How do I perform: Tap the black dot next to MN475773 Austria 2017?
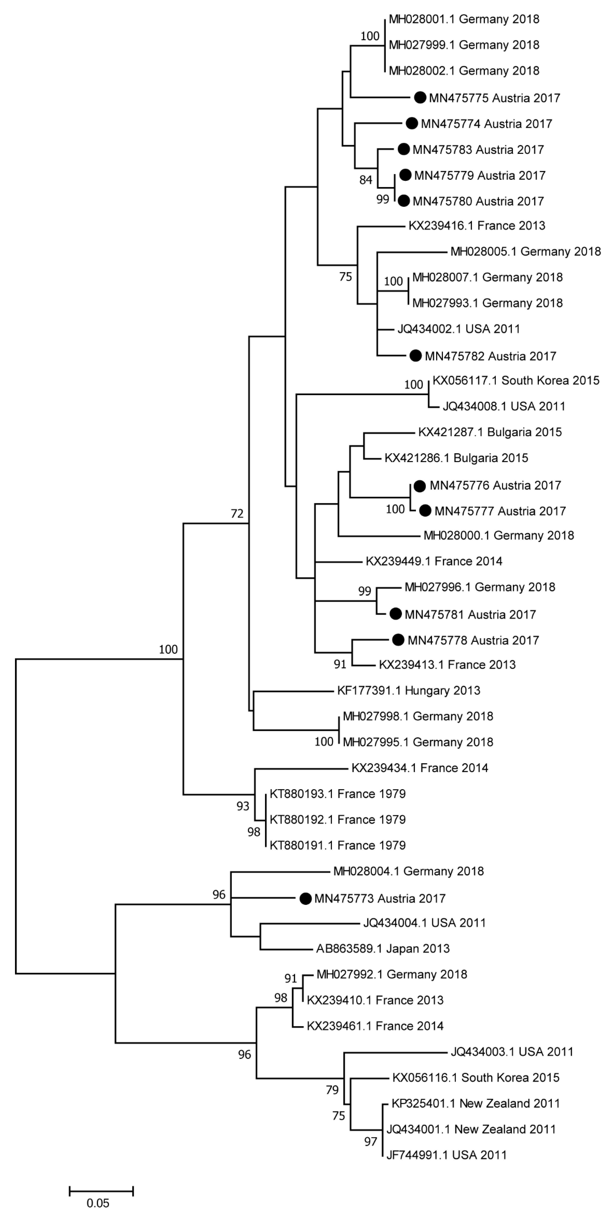pos(306,898)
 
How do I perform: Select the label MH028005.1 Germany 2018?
pos(525,251)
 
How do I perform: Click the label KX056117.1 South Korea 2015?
pos(516,380)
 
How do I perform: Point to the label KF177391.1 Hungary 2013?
pos(409,690)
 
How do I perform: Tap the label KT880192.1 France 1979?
pos(338,819)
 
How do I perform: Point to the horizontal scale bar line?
pos(101,1191)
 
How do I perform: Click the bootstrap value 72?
pos(237,513)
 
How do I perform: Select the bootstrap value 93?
pos(243,806)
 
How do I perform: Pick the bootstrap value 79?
pos(332,1090)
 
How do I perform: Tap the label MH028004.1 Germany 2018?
pos(409,871)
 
